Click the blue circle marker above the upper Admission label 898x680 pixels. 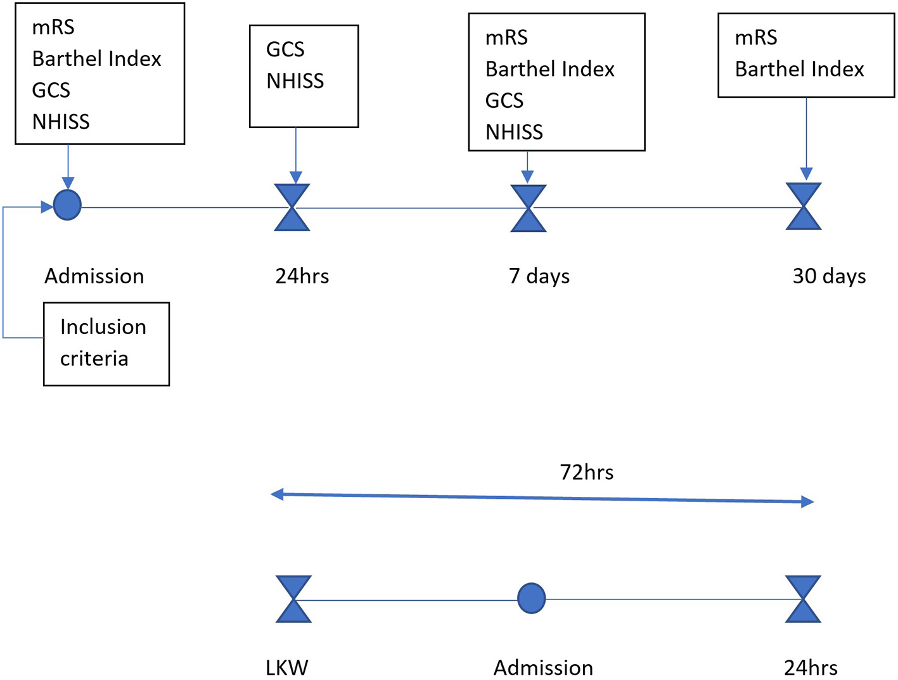(x=67, y=205)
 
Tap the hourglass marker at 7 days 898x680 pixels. (x=528, y=208)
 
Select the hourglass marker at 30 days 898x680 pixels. (x=804, y=207)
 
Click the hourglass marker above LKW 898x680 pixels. (x=293, y=599)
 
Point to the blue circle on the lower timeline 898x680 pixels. (x=531, y=598)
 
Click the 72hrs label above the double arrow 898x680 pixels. (x=586, y=472)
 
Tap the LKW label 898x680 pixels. (x=286, y=667)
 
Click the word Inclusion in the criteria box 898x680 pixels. (x=103, y=327)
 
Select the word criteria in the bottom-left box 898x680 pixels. (x=94, y=359)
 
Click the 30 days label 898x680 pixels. (x=829, y=276)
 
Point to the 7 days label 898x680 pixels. (x=539, y=276)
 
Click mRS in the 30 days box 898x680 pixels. (x=755, y=38)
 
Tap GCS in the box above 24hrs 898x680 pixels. (x=285, y=49)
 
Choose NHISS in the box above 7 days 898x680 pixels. (x=514, y=132)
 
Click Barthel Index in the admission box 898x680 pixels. (x=96, y=59)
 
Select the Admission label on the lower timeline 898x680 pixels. (x=543, y=667)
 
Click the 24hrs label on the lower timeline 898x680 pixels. (x=811, y=667)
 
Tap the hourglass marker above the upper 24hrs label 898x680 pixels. (x=292, y=207)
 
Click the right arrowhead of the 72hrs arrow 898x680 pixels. (x=807, y=502)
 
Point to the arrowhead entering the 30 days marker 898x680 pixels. (x=806, y=174)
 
